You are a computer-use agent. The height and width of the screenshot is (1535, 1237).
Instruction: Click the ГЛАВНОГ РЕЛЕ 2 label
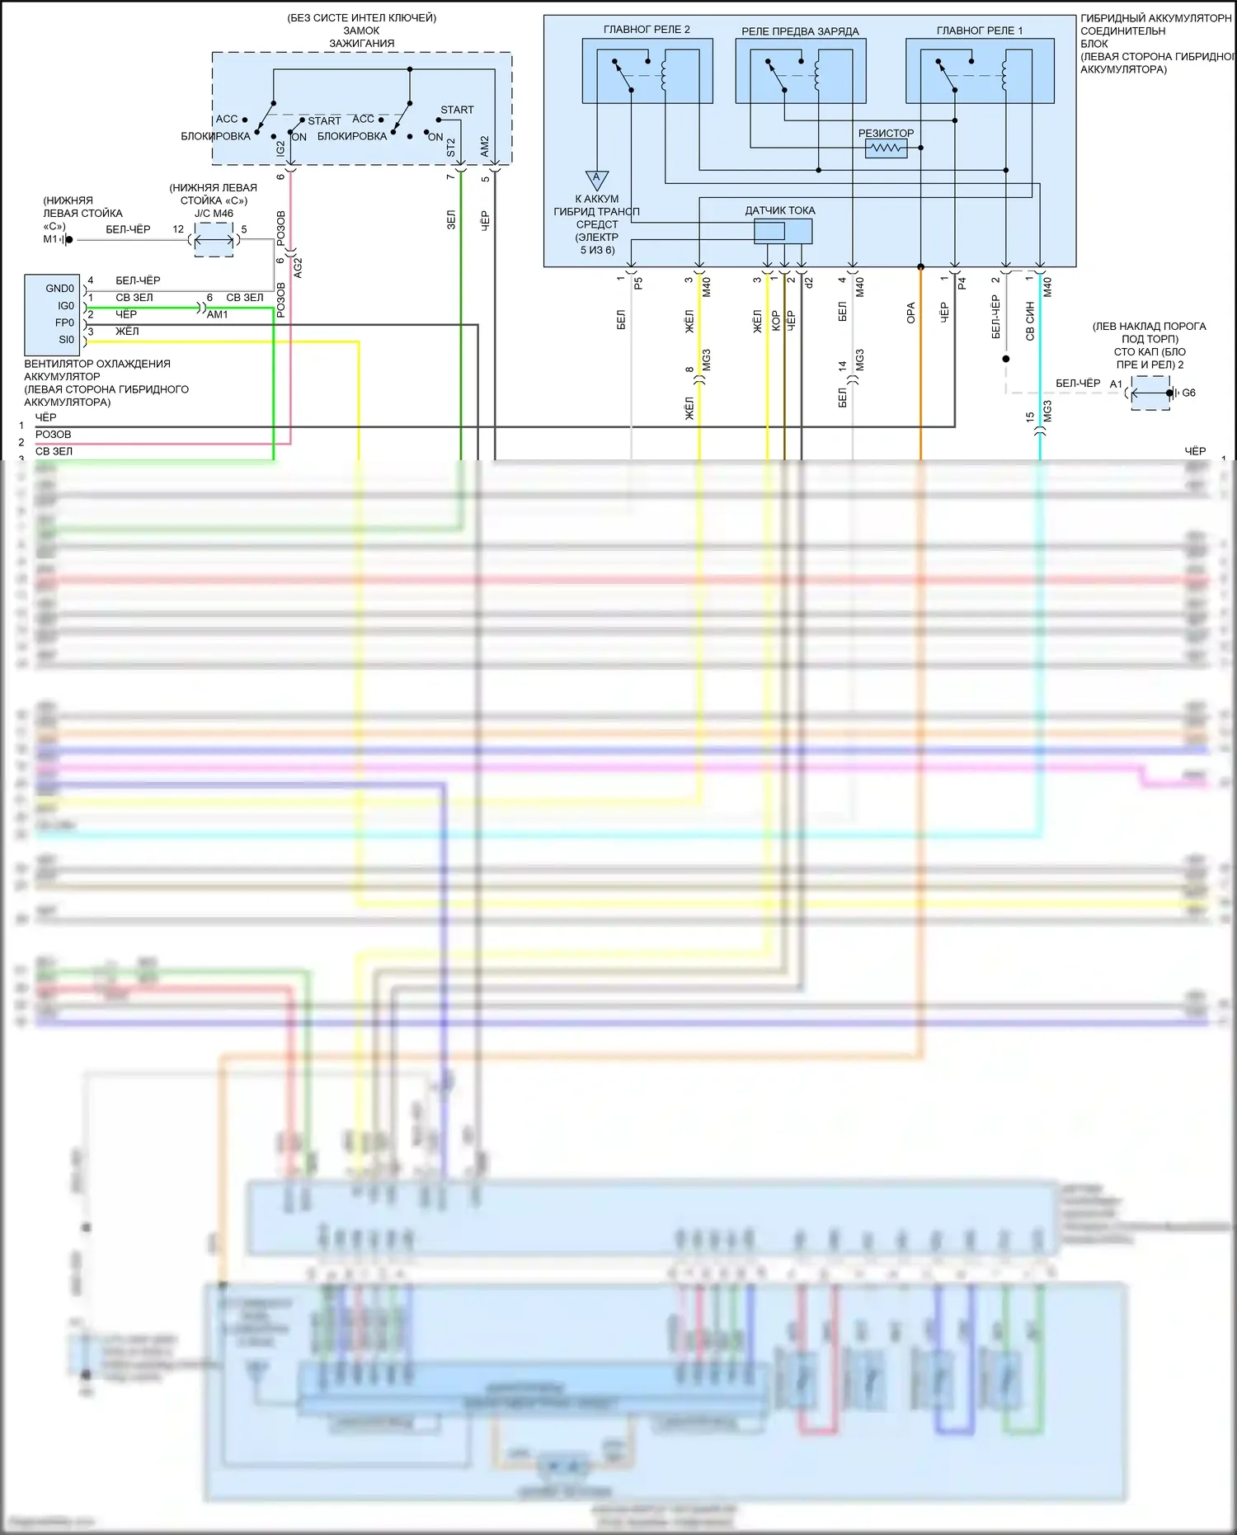point(647,30)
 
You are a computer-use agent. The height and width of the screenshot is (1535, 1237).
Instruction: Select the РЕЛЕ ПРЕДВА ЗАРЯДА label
point(800,31)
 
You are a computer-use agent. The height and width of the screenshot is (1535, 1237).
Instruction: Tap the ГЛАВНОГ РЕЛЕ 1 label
point(979,31)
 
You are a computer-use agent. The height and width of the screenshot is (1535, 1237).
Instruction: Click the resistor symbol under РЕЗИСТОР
point(886,148)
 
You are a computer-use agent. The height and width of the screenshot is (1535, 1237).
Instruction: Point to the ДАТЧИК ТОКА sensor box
point(783,231)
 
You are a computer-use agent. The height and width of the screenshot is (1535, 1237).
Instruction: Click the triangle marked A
point(597,179)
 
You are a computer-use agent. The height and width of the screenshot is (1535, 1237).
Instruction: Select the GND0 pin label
point(59,289)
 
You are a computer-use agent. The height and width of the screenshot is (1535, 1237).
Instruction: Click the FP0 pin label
point(64,323)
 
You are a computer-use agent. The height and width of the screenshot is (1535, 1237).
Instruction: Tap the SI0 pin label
point(66,340)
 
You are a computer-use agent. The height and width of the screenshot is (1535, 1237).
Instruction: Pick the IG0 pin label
point(65,306)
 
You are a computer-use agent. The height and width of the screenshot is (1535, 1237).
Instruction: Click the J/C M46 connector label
point(214,214)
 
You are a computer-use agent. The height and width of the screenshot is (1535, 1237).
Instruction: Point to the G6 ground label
point(1188,393)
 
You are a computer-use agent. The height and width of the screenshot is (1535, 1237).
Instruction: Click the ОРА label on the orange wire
point(910,313)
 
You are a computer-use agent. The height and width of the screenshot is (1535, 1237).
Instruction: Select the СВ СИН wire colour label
point(1030,321)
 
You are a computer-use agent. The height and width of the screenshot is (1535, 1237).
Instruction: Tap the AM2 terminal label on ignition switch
point(484,146)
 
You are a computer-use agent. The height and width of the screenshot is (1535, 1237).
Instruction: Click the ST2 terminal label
point(450,148)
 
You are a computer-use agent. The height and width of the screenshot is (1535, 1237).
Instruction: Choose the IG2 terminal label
point(280,148)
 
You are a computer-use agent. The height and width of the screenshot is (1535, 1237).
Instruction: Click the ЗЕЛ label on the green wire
point(450,219)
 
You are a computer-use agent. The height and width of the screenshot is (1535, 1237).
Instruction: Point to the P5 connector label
point(638,283)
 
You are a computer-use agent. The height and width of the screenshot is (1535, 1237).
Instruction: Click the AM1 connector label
point(218,315)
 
